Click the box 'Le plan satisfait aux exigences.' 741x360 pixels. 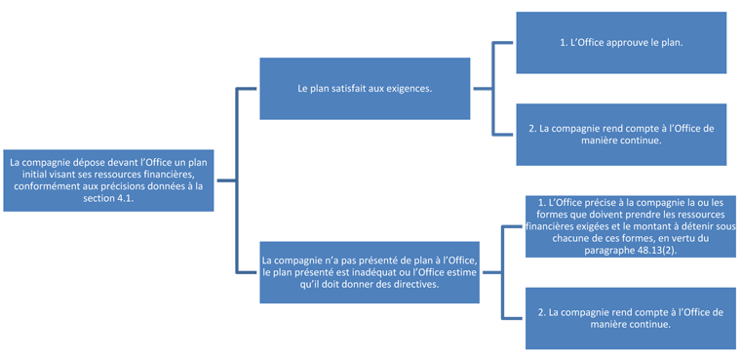(366, 88)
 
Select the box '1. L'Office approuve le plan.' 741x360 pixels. (621, 43)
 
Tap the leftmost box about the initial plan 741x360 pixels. (108, 180)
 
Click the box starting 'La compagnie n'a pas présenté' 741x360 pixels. (370, 272)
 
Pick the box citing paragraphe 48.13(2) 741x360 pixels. (630, 225)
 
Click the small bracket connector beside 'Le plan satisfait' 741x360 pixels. (493, 88)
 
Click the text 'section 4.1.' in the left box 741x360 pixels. (108, 197)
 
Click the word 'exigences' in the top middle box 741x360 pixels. (411, 88)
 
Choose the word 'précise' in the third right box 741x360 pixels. (604, 202)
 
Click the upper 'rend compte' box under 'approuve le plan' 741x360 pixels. (621, 134)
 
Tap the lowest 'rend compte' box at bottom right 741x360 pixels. (630, 318)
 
